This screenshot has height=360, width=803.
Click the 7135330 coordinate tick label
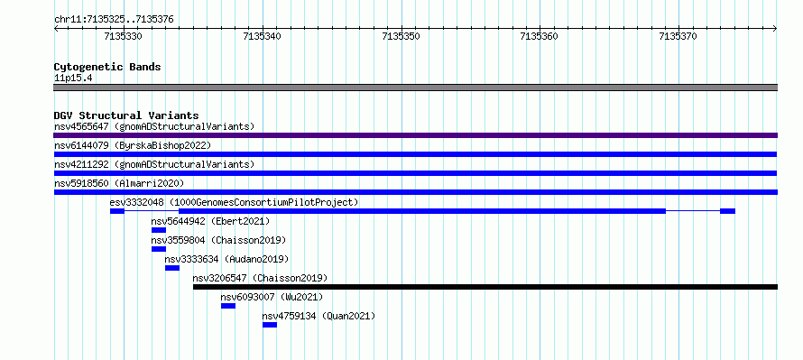click(x=123, y=36)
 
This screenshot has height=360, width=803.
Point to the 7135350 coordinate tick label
click(x=401, y=36)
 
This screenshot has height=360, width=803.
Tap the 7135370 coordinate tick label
click(x=678, y=36)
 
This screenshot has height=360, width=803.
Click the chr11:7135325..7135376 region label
click(x=114, y=20)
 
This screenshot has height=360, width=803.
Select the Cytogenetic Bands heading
click(x=107, y=67)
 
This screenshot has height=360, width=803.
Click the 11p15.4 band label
click(x=73, y=78)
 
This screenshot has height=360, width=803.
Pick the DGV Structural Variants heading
click(x=126, y=115)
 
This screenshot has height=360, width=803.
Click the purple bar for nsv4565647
click(x=415, y=135)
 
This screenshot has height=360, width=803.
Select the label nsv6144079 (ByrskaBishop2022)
click(x=133, y=145)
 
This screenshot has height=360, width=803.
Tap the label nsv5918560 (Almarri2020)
click(x=119, y=183)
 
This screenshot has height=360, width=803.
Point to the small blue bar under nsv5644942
click(x=159, y=230)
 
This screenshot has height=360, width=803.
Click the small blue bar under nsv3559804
click(x=159, y=249)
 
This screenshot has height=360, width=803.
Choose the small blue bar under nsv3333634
click(x=172, y=268)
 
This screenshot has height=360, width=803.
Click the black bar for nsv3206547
click(x=485, y=287)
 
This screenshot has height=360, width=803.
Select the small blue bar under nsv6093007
click(x=228, y=306)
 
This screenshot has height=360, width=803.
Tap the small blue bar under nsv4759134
click(x=270, y=325)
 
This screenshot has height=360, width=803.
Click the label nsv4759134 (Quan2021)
click(x=318, y=316)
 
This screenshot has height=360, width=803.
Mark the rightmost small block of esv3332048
click(x=728, y=211)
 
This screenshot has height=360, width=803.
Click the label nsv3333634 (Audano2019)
click(x=226, y=259)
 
